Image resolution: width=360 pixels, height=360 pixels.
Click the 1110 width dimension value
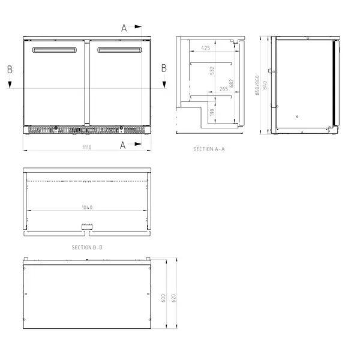coord(87,147)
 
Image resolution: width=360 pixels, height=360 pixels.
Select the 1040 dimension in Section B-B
coord(87,207)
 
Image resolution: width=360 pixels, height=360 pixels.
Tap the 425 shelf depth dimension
coord(206,47)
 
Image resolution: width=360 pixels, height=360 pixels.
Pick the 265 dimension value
coord(223,89)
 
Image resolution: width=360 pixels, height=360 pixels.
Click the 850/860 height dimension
coord(257,85)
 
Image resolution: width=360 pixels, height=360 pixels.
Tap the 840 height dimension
coord(265,85)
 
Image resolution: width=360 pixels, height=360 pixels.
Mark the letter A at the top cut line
coord(124,28)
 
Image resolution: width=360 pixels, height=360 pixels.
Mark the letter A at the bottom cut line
coord(123,145)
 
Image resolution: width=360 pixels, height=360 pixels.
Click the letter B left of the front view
coord(10,69)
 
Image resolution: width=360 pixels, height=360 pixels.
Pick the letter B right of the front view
coord(164,68)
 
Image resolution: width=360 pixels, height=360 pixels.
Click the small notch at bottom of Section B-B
coord(87,226)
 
